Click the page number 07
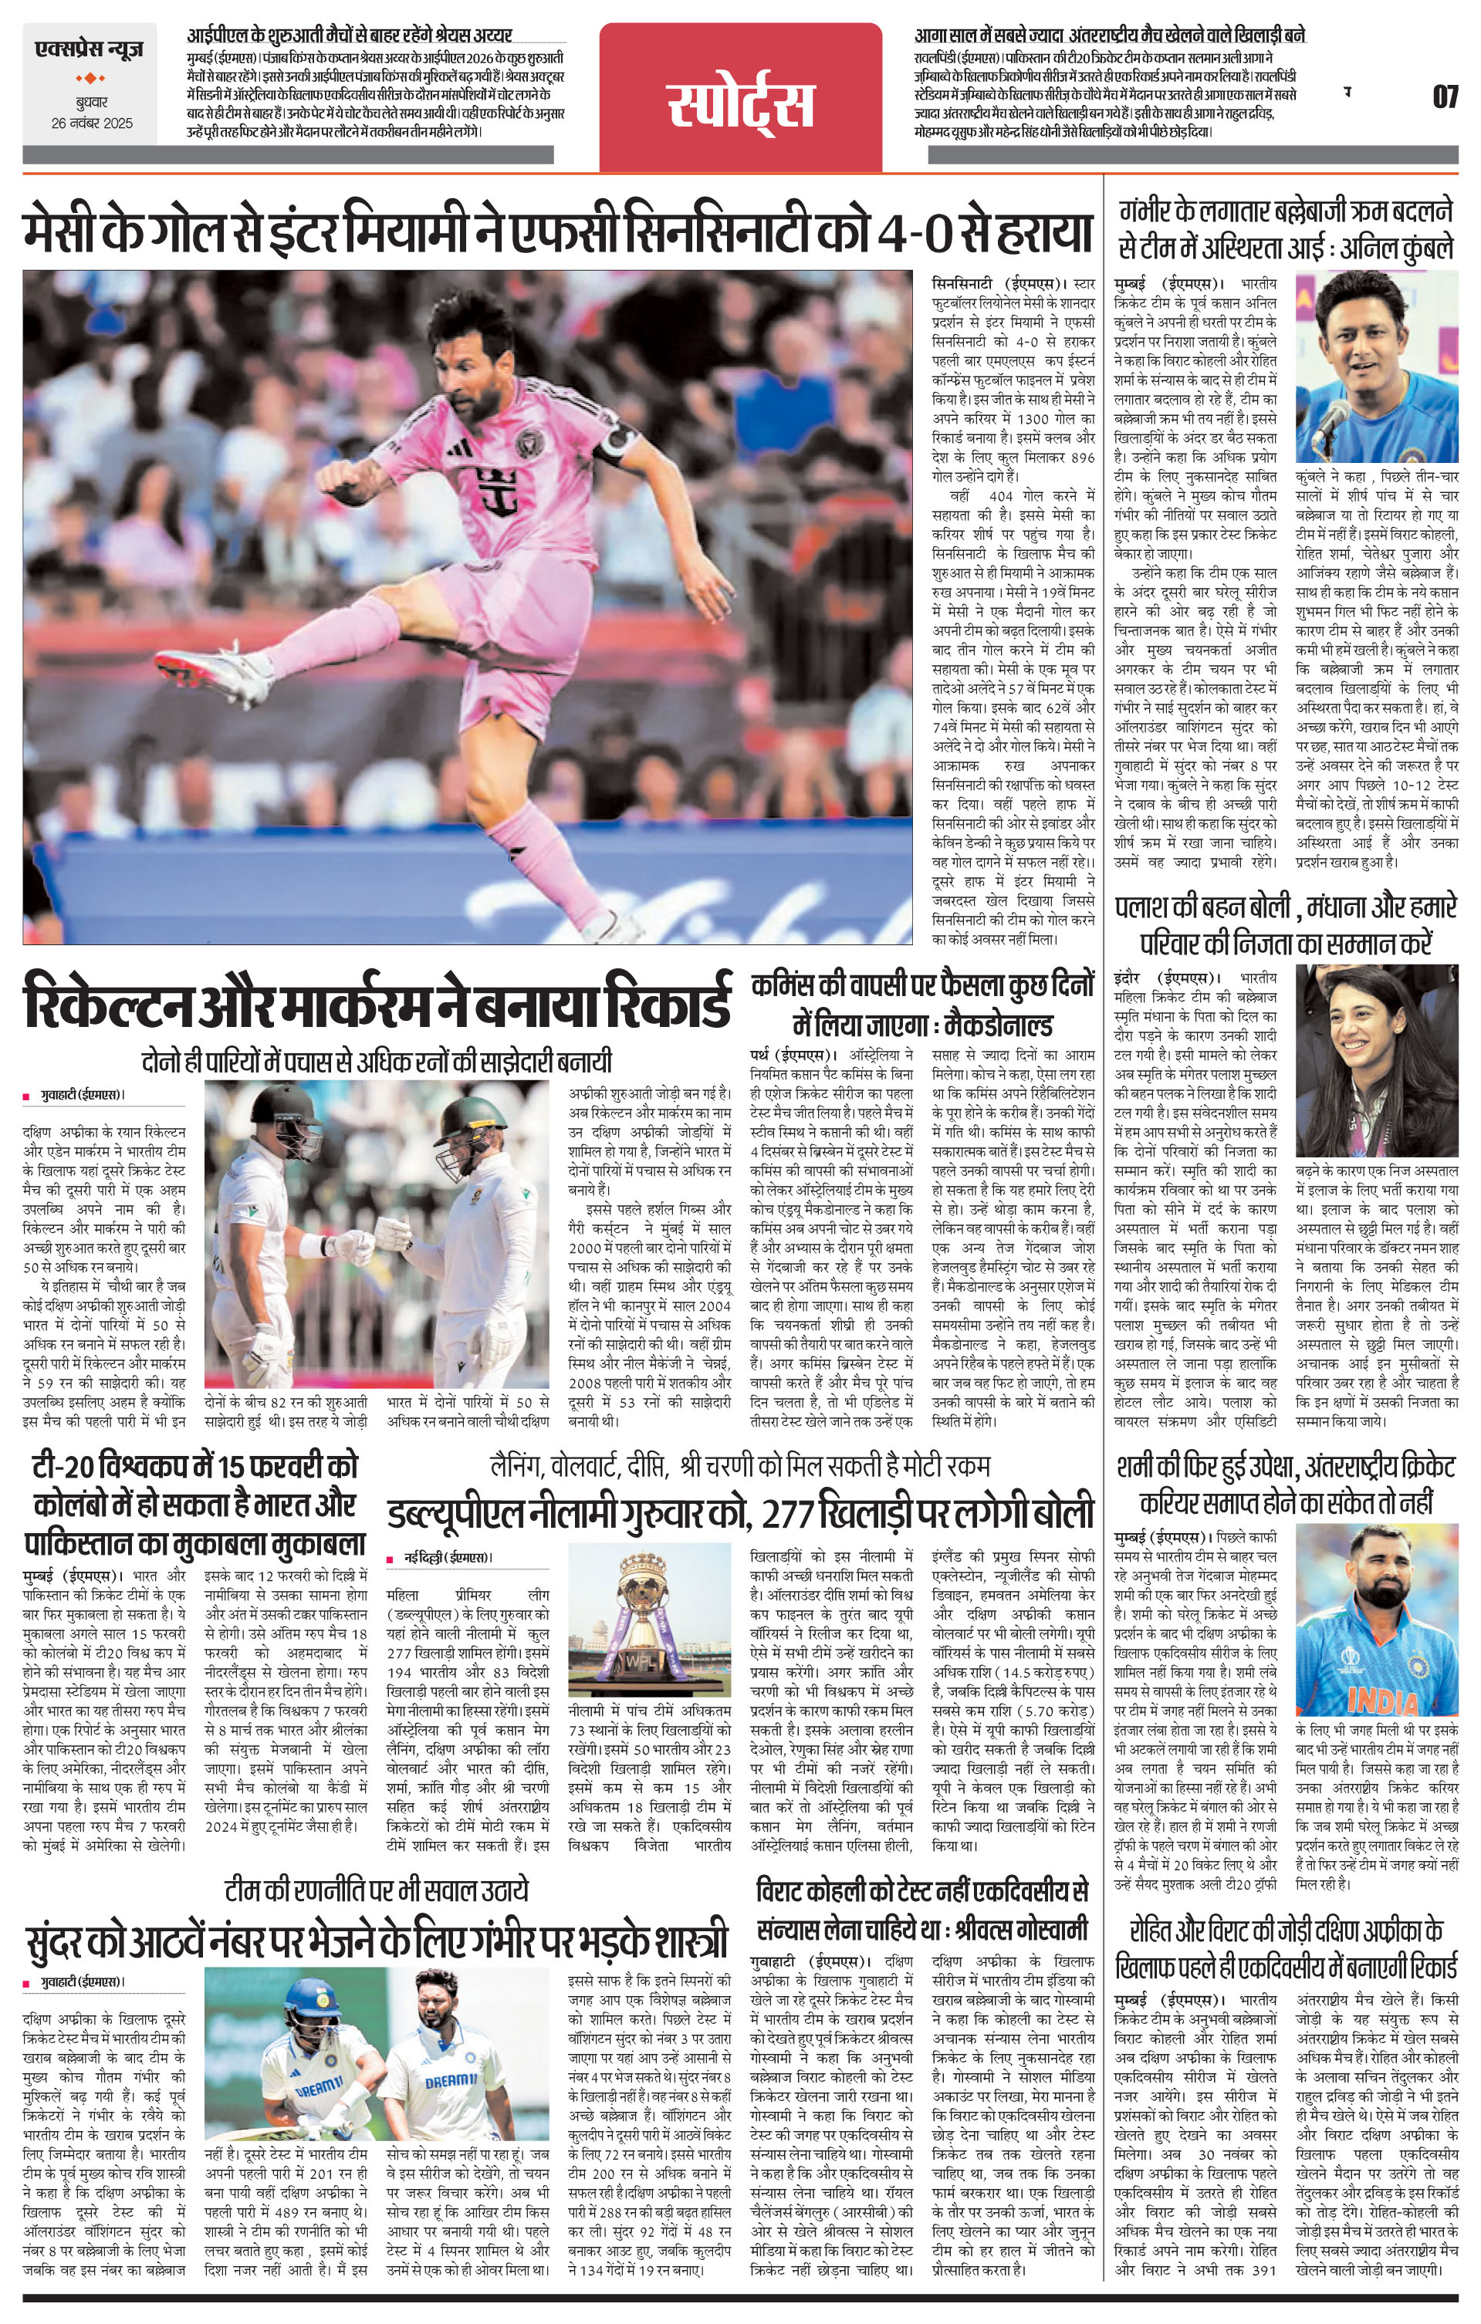pos(1443,97)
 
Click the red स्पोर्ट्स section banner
pos(739,104)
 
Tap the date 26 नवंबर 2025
pos(93,123)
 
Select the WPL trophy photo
pos(644,1623)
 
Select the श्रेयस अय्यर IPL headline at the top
pos(350,35)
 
